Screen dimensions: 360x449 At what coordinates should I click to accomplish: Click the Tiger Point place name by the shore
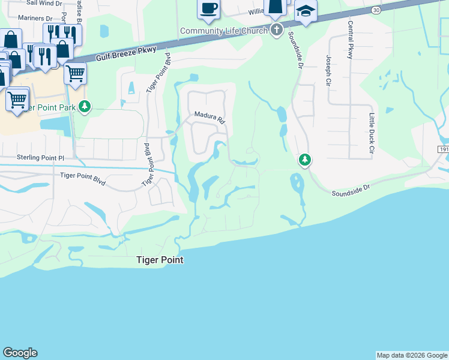pos(158,260)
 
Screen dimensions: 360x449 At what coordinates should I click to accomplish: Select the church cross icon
pos(276,29)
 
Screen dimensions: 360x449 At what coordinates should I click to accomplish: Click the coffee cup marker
pos(208,8)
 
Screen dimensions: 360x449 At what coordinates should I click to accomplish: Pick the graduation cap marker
pos(306,12)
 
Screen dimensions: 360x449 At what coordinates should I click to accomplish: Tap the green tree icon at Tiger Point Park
pos(85,107)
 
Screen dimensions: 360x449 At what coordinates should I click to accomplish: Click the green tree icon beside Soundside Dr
pos(306,160)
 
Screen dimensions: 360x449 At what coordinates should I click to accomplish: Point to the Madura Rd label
pos(209,116)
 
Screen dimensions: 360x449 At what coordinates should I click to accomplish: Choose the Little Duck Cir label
pos(372,132)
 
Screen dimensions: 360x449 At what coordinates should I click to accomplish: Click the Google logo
pos(20,353)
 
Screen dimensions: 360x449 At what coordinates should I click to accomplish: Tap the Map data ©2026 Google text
pos(412,355)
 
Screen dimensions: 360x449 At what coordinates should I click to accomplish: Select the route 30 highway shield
pos(376,10)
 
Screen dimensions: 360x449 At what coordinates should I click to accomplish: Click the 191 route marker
pos(444,149)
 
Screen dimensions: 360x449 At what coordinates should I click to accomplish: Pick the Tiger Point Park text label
pos(49,107)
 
